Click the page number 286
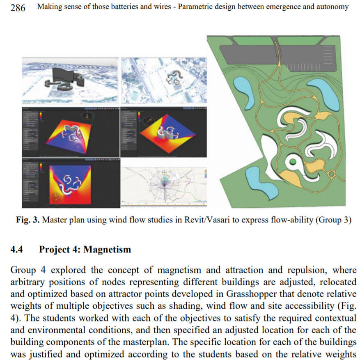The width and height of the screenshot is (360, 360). click(18, 7)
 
